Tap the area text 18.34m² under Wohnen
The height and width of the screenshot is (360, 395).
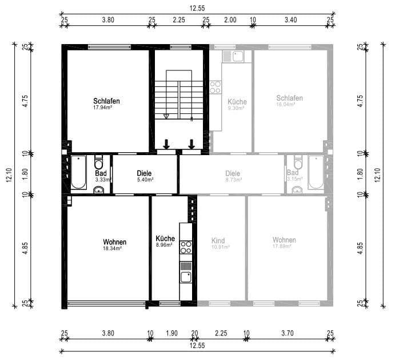115,248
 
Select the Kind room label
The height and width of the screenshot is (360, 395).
218,240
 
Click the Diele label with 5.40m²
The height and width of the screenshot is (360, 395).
145,173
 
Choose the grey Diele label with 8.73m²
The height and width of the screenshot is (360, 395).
233,173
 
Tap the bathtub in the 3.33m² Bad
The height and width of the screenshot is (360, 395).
79,173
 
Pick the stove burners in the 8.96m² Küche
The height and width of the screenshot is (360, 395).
186,247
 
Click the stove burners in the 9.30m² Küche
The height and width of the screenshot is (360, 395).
216,88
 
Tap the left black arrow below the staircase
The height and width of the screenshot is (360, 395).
166,143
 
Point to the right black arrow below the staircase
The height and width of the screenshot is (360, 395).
191,143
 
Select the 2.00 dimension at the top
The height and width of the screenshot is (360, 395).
229,19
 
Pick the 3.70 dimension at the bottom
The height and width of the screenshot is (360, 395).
288,333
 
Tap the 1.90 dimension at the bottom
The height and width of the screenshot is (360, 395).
172,333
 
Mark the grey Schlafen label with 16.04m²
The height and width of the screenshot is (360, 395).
289,98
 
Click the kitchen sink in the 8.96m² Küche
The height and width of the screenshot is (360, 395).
186,278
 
